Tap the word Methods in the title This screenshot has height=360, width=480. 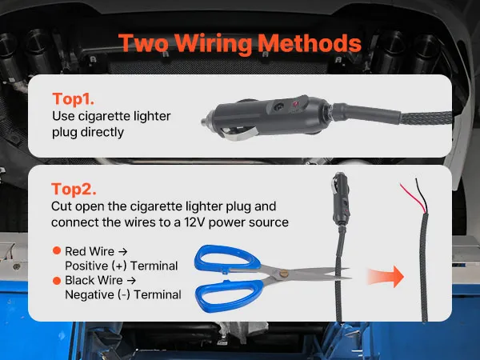(x=310, y=43)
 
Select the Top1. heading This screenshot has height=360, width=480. (x=73, y=99)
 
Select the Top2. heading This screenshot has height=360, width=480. (x=74, y=189)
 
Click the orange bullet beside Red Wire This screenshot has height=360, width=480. (x=57, y=250)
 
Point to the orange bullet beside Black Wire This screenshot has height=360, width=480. (x=57, y=281)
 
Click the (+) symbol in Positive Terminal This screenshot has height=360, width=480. (x=119, y=266)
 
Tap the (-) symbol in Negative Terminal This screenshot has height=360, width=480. (x=124, y=294)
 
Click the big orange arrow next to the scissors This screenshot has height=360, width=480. (x=386, y=277)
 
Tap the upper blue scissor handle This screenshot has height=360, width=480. (x=227, y=258)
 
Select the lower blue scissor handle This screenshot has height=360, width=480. (x=230, y=295)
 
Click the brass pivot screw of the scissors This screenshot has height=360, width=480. (x=284, y=273)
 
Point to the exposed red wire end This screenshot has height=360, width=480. (x=413, y=198)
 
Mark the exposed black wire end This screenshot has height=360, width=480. (x=422, y=195)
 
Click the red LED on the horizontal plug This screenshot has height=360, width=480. (x=296, y=103)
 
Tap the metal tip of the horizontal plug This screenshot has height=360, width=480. (x=205, y=122)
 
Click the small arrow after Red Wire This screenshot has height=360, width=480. (x=122, y=252)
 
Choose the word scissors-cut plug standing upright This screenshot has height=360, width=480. (x=341, y=199)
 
